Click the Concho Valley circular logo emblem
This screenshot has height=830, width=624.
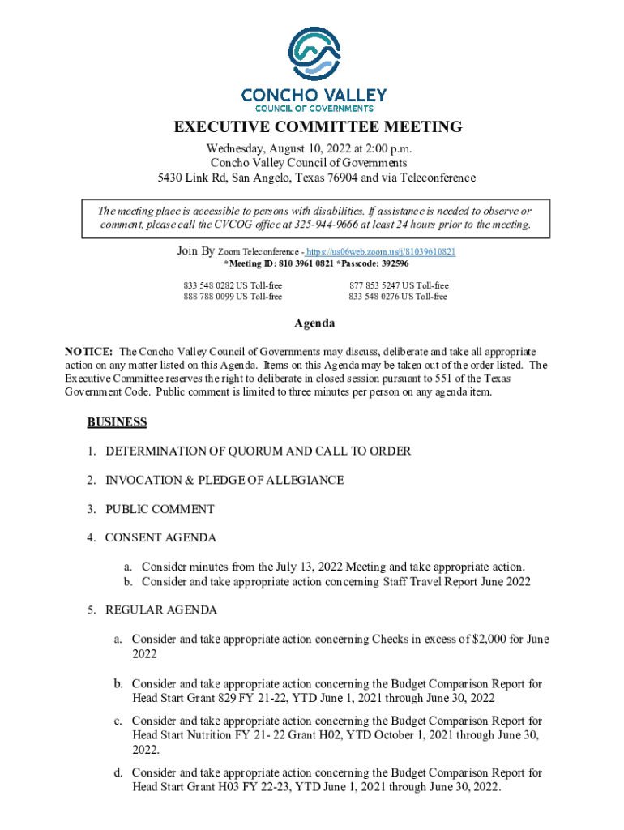click(314, 53)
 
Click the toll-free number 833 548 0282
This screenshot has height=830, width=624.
click(208, 286)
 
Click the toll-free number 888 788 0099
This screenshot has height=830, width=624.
click(208, 297)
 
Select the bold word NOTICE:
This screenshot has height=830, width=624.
click(88, 352)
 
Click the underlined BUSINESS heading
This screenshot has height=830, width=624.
click(117, 422)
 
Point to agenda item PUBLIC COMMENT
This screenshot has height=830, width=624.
click(160, 509)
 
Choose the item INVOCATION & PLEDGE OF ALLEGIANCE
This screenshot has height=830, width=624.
click(224, 480)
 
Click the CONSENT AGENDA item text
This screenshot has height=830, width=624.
click(160, 537)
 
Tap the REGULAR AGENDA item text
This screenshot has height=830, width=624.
click(160, 610)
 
